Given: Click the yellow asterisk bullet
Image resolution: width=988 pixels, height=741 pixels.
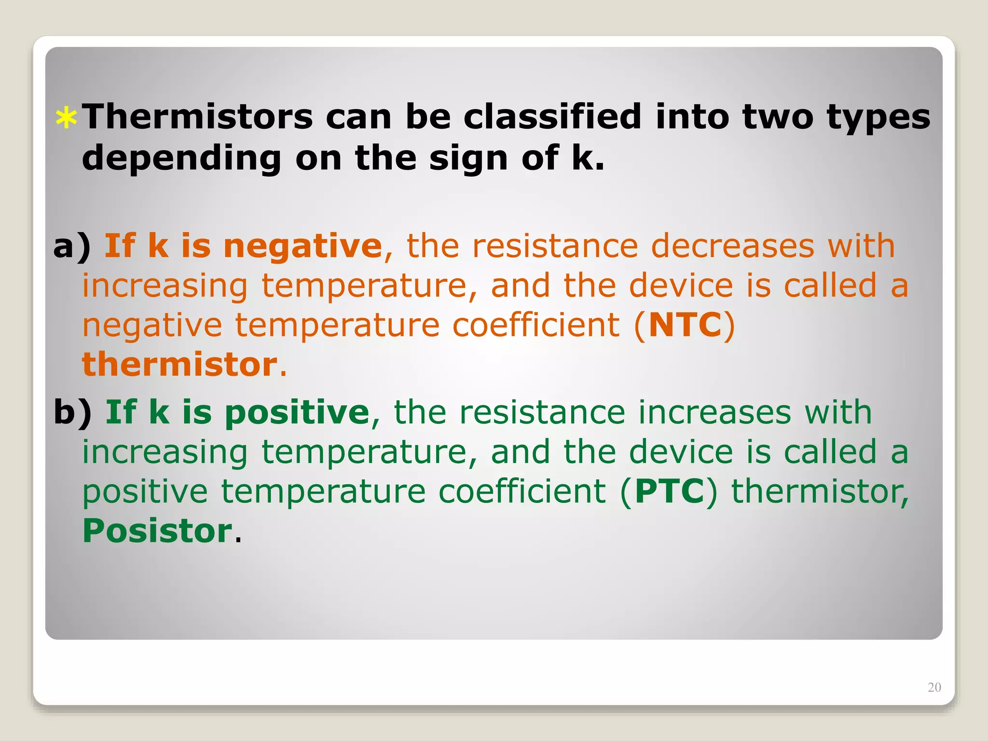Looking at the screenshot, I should click(x=66, y=119).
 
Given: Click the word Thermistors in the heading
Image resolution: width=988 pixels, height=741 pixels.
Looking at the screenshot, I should click(x=198, y=117).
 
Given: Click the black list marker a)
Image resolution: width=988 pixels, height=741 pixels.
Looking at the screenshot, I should click(x=72, y=247).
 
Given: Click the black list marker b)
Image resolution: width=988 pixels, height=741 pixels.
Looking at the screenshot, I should click(x=73, y=413).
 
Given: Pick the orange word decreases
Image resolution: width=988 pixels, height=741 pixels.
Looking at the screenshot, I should click(x=733, y=246).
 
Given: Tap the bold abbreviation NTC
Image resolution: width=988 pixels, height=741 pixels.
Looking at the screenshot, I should click(x=685, y=325).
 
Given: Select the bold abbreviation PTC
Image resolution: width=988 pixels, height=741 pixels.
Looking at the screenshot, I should click(x=670, y=492).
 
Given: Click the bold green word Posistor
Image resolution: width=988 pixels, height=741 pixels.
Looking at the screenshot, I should click(x=158, y=531).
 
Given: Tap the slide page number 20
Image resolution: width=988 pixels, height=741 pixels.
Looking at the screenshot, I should click(x=934, y=687).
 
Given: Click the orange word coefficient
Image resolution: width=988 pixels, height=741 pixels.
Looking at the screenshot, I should click(x=536, y=325).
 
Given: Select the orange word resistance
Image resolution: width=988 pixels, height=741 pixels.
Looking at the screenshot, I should click(x=555, y=246).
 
